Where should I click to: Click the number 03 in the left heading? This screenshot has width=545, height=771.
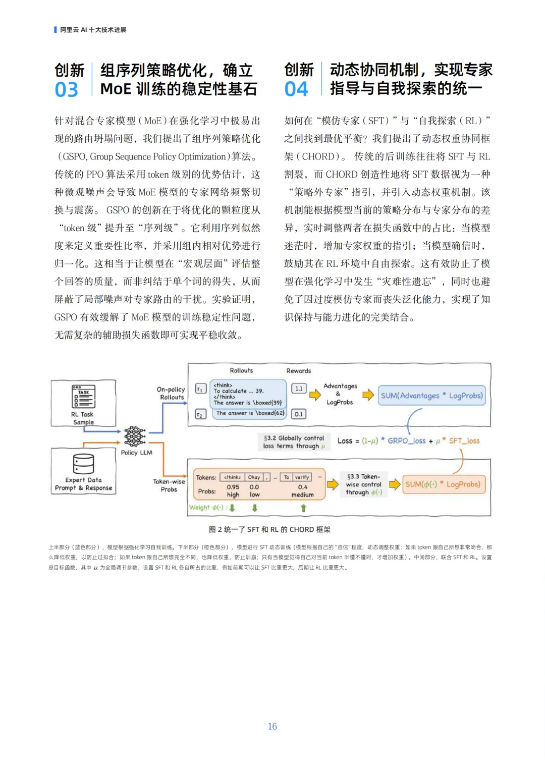pos(67,90)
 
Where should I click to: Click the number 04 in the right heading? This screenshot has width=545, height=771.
pos(296,89)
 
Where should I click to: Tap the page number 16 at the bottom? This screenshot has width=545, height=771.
pos(272,726)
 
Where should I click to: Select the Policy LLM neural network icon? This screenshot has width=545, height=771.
pos(135,436)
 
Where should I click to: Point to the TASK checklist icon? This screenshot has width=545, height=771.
pos(83,397)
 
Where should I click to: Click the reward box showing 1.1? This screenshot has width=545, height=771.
pos(299,389)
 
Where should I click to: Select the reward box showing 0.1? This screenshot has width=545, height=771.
pos(299,414)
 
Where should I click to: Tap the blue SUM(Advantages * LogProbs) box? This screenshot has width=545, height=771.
pos(431,396)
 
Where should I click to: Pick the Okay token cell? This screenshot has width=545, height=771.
pos(254,477)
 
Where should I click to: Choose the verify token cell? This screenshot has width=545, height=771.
pos(302,477)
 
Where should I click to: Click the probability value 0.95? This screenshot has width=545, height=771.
pos(233,487)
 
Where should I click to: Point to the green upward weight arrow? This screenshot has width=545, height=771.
pos(303,508)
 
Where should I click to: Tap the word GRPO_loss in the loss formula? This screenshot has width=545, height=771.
pos(407,440)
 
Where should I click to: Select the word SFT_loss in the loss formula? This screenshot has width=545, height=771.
pos(464,440)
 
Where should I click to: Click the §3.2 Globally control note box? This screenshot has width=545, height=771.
pos(294,442)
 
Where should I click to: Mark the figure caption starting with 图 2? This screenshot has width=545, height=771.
pos(270,529)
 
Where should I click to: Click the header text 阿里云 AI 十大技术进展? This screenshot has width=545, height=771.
pos(93,30)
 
